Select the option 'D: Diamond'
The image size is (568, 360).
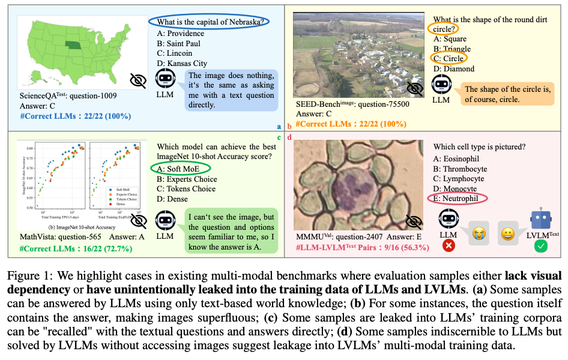(x=453, y=68)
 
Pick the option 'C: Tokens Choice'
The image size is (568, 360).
(x=187, y=189)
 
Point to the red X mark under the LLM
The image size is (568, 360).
(x=447, y=245)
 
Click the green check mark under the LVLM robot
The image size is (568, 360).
(x=540, y=245)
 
